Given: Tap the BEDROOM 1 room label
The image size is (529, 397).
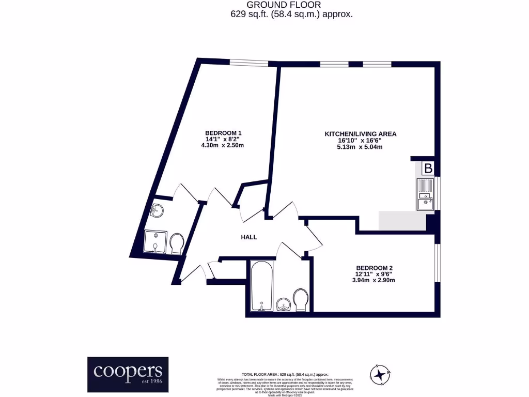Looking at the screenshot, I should [x=223, y=133].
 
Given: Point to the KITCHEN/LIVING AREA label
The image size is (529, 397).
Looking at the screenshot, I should [x=360, y=134].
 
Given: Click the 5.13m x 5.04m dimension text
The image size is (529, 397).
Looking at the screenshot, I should [x=360, y=146].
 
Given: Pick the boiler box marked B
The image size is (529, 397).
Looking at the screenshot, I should [x=428, y=168].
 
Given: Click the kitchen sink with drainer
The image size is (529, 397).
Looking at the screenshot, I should [x=425, y=194].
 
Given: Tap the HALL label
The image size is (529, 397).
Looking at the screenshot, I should [x=249, y=237].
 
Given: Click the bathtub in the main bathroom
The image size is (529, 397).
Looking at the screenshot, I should [x=262, y=286].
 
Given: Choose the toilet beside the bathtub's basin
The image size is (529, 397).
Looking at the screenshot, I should [x=301, y=300].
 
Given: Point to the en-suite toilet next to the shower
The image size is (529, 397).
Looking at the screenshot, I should [x=177, y=243].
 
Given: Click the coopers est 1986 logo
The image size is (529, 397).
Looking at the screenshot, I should [x=128, y=371].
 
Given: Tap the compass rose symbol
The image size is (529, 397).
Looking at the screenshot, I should [x=381, y=374].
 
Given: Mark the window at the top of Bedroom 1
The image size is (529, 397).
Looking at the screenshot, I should [x=248, y=63].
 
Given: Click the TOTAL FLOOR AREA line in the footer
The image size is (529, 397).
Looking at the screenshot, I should [x=285, y=374].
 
